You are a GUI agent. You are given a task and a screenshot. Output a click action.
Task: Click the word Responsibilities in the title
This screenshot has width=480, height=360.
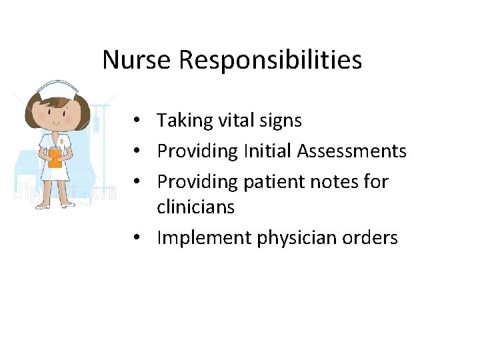(x=270, y=61)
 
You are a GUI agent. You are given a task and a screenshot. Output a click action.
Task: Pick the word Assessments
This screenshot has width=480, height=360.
(x=352, y=151)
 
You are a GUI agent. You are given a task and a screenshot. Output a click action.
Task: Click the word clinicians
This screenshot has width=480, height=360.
(x=195, y=207)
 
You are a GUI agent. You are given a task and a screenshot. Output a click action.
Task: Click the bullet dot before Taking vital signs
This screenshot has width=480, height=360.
(x=135, y=121)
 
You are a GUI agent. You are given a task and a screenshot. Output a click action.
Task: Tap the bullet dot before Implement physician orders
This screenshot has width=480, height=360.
(x=135, y=238)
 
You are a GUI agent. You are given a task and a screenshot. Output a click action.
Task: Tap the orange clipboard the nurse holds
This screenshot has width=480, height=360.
(x=55, y=159)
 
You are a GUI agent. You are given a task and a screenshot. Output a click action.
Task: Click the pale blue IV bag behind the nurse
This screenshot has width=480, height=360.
(x=98, y=120)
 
